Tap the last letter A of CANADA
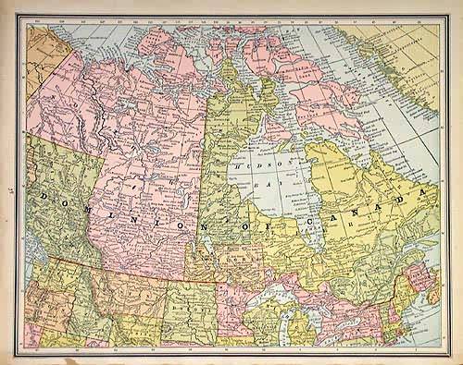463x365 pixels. [x=426, y=193]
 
